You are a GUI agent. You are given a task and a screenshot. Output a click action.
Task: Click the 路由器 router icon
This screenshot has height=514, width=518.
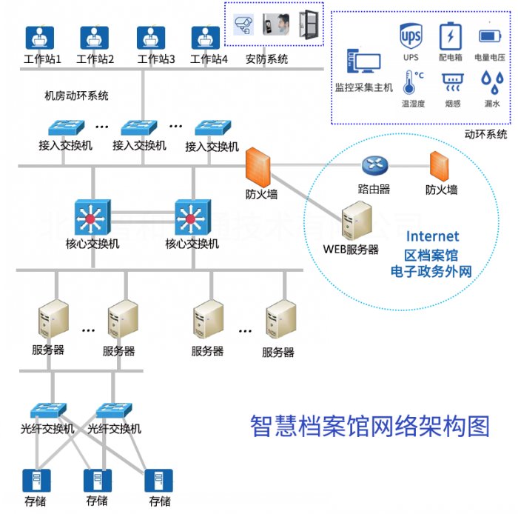pos(374,165)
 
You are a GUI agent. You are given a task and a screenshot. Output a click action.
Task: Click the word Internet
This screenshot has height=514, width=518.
pos(432,237)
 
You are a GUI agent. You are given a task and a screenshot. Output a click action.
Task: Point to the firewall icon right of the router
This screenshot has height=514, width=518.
pos(441,166)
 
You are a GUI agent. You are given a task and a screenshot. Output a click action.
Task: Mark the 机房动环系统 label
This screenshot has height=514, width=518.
pos(77,96)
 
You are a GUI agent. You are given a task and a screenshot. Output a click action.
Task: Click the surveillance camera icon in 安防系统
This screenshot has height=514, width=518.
pos(243,25)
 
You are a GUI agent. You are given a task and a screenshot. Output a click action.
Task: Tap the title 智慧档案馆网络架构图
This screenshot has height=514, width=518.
pos(370,426)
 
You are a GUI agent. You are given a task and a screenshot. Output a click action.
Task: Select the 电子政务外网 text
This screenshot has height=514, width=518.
pos(431,272)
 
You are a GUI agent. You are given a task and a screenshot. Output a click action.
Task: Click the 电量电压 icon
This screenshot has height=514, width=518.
pos(489,36)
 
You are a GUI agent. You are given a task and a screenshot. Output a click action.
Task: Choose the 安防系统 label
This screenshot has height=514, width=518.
pos(267,59)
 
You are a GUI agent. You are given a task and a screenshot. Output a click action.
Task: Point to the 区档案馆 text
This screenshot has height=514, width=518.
pos(431,255)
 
